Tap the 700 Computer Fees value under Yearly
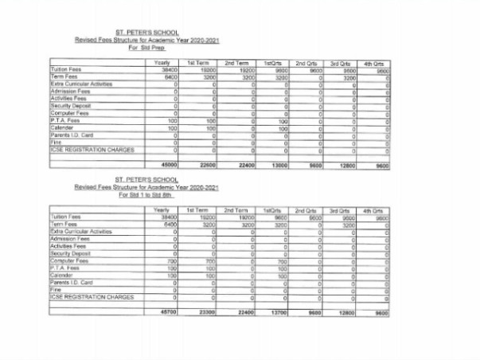(x=170, y=261)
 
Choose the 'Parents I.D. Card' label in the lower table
(x=72, y=282)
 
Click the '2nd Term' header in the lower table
(x=237, y=209)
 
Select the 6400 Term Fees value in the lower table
(x=167, y=225)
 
